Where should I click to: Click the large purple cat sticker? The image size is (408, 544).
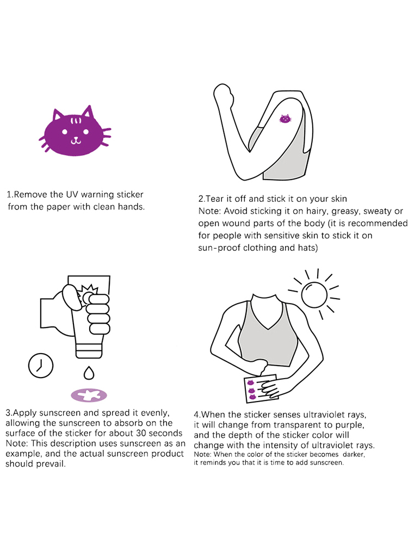[75, 131]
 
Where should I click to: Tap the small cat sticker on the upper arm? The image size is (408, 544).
[285, 119]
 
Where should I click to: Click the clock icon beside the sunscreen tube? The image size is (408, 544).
[41, 366]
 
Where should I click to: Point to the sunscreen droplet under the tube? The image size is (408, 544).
[89, 373]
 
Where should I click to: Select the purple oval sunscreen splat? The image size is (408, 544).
[89, 395]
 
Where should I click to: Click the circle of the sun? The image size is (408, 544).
[314, 294]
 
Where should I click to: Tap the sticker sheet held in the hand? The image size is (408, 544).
[261, 388]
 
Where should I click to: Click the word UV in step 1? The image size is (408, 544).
[72, 194]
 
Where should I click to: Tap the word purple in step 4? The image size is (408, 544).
[349, 425]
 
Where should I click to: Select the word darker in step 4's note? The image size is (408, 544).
[354, 454]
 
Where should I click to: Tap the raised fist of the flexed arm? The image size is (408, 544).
[222, 92]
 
